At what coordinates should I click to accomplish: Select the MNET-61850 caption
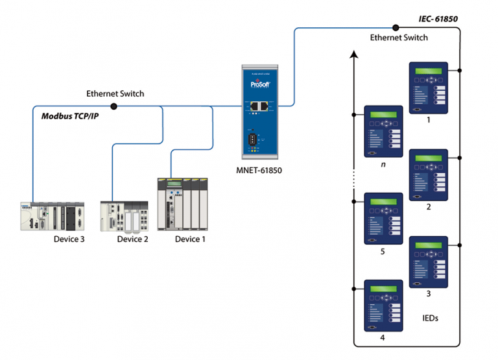pos(262,171)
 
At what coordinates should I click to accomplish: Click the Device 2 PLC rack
pos(123,215)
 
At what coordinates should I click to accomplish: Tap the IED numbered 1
pos(428,88)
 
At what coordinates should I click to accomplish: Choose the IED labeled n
pos(383,131)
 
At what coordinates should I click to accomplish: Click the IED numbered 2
pos(428,175)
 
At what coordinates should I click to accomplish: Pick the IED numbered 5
pos(383,219)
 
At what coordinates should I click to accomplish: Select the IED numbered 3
pos(428,262)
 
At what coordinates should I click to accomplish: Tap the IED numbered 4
pos(383,306)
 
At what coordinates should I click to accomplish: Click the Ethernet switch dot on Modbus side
pos(114,106)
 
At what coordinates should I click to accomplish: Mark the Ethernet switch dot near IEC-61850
pos(395,27)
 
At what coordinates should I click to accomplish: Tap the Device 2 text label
pos(132,239)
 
